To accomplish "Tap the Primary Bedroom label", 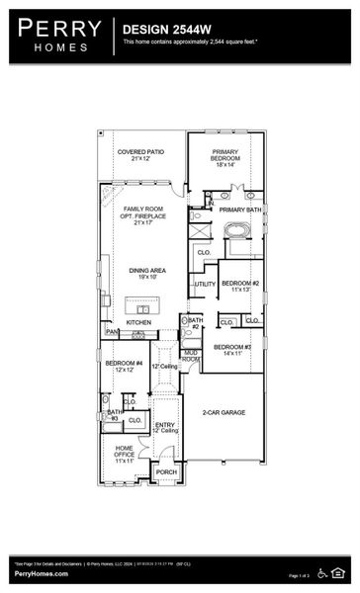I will (229, 155).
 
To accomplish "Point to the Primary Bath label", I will (240, 210).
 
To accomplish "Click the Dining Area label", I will (144, 274).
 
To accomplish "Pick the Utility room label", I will (205, 285).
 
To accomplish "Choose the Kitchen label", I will (138, 323).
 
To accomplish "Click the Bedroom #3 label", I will (234, 349).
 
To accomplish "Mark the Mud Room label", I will (191, 355).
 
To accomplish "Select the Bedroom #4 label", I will (125, 367).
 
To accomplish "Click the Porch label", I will (166, 472).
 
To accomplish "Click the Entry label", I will (165, 427).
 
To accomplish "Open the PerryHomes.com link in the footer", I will (41, 573).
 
